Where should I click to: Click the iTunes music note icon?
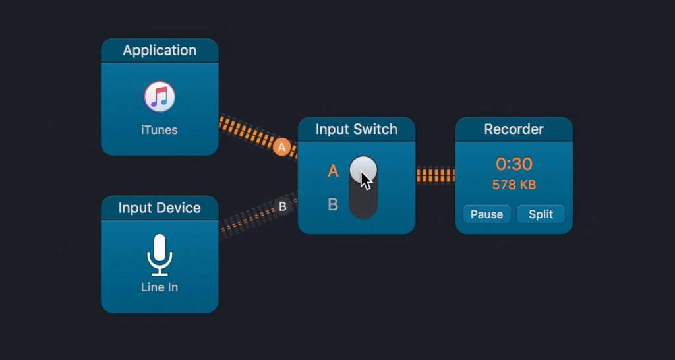click(x=160, y=97)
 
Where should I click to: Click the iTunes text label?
click(x=160, y=130)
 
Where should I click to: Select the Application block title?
click(x=160, y=51)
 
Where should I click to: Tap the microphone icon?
click(x=160, y=254)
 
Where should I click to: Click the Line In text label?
click(x=160, y=287)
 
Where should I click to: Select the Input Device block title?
click(x=160, y=208)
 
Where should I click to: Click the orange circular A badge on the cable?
click(x=282, y=148)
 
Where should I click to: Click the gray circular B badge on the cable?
click(x=282, y=206)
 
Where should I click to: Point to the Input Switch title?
click(x=356, y=129)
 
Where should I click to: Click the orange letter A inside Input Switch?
click(x=333, y=171)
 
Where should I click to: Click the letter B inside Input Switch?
click(x=333, y=204)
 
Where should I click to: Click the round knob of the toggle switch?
click(x=363, y=170)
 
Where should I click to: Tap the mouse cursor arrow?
click(x=366, y=180)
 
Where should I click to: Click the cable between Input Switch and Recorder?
click(x=435, y=175)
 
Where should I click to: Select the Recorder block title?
click(x=514, y=129)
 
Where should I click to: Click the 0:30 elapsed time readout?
click(x=514, y=164)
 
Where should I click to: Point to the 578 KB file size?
click(x=514, y=185)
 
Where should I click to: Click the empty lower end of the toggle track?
click(x=363, y=205)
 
